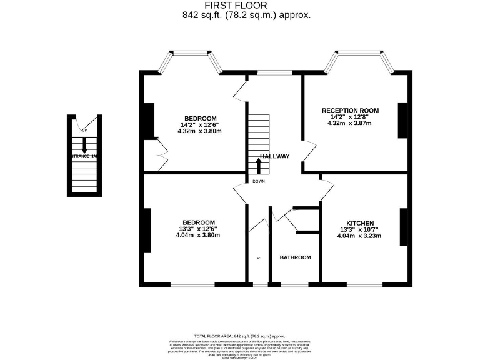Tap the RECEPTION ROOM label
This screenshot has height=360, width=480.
pyautogui.click(x=354, y=110)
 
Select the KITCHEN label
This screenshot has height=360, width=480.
pyautogui.click(x=360, y=223)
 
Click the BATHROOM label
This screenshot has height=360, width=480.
pyautogui.click(x=295, y=257)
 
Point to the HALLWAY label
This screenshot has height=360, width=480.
pyautogui.click(x=275, y=156)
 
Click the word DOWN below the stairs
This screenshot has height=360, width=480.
pyautogui.click(x=259, y=181)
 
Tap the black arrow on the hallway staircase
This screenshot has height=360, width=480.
pyautogui.click(x=259, y=166)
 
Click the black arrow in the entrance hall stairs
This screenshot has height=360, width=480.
pyautogui.click(x=84, y=146)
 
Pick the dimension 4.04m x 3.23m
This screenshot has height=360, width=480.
pyautogui.click(x=360, y=236)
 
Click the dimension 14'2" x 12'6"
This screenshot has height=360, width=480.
pyautogui.click(x=200, y=124)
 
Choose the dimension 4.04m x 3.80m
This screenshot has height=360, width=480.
pyautogui.click(x=199, y=236)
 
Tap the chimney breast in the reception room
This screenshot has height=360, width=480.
pyautogui.click(x=403, y=119)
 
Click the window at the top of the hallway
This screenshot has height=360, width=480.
pyautogui.click(x=270, y=73)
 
